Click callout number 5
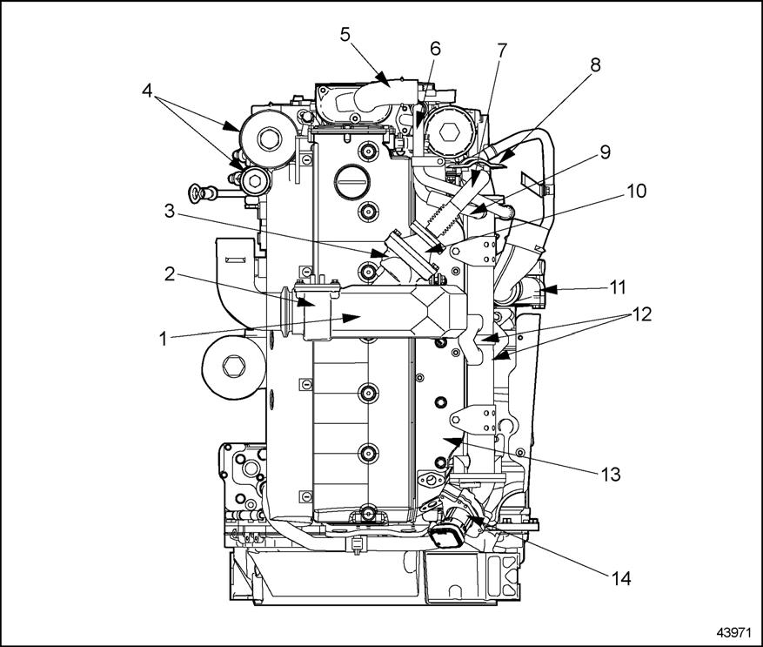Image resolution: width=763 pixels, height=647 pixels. point(345,36)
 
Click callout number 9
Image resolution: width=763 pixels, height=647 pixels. point(604,151)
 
